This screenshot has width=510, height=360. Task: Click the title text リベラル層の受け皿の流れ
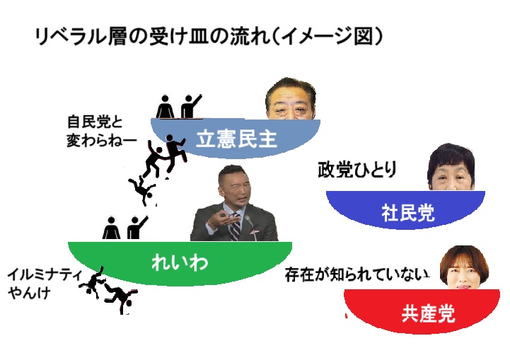pyautogui.click(x=152, y=36)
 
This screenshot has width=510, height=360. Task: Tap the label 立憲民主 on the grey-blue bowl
pyautogui.click(x=237, y=139)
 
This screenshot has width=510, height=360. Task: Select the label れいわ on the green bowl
pyautogui.click(x=180, y=262)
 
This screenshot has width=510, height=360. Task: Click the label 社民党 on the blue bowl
pyautogui.click(x=408, y=213)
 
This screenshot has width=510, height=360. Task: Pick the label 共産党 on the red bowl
pyautogui.click(x=428, y=313)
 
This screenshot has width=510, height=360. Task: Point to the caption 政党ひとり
pyautogui.click(x=357, y=170)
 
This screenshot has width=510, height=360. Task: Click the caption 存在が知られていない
pyautogui.click(x=357, y=275)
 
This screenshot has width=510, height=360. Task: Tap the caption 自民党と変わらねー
pyautogui.click(x=101, y=132)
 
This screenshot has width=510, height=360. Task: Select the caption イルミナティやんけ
pyautogui.click(x=45, y=284)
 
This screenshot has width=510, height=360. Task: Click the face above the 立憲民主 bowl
pyautogui.click(x=291, y=99)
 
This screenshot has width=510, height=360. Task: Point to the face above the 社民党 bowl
pyautogui.click(x=451, y=168)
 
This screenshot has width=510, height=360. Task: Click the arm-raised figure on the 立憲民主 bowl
pyautogui.click(x=191, y=106)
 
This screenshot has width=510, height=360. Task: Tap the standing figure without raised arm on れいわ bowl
pyautogui.click(x=111, y=228)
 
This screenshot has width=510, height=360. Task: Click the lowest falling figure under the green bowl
pyautogui.click(x=121, y=298)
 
